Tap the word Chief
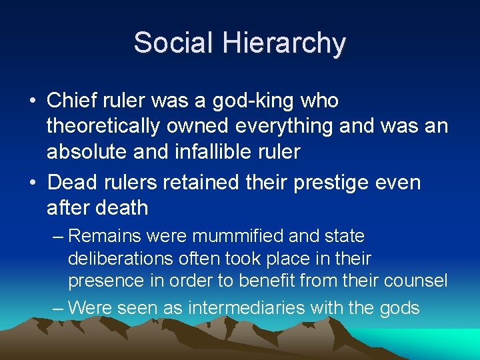tap(73, 101)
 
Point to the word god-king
tap(257, 101)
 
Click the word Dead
tap(75, 182)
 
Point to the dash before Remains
tap(58, 237)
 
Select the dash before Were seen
tap(58, 308)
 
